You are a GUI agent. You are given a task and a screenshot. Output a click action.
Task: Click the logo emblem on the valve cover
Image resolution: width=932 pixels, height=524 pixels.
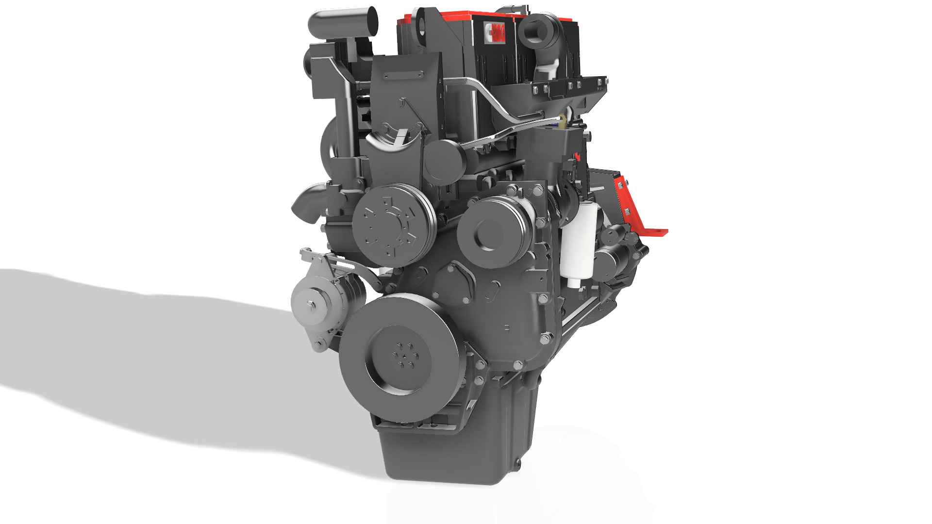point(495,33)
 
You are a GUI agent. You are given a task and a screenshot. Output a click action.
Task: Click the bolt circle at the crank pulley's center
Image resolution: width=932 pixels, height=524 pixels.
point(404,357)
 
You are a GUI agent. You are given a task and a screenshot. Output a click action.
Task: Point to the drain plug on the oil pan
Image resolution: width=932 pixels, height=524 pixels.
point(516,463)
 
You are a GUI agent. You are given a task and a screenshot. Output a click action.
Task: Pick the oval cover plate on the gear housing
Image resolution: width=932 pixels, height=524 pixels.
point(491,291)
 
